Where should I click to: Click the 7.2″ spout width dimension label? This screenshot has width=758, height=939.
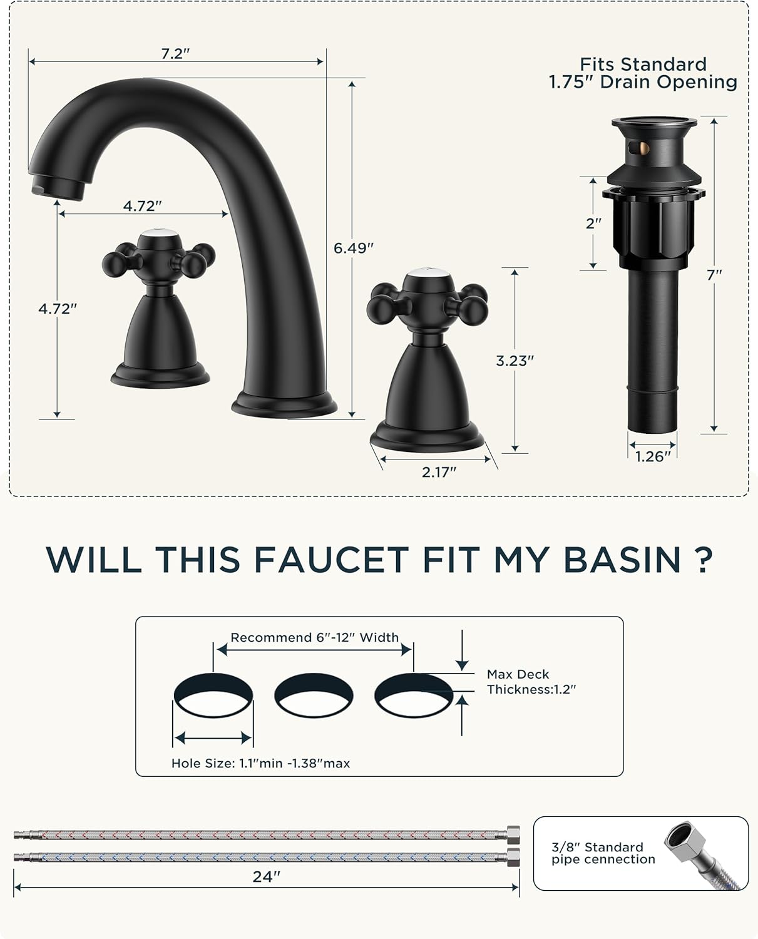[x=175, y=54]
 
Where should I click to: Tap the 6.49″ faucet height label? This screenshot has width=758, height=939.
[x=354, y=248]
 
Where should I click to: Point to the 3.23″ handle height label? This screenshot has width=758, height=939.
[x=515, y=361]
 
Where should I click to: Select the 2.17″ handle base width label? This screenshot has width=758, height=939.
[x=439, y=472]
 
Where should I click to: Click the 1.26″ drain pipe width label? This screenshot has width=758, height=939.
[x=653, y=457]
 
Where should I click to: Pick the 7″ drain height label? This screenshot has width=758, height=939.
[x=714, y=274]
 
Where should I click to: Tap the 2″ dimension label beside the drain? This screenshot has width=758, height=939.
[x=593, y=223]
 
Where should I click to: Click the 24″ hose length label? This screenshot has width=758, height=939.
[x=266, y=877]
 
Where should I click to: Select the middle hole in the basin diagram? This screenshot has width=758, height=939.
[x=314, y=695]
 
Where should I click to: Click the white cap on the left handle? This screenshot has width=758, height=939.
[x=158, y=235]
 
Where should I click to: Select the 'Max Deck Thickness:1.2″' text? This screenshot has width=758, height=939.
[x=531, y=682]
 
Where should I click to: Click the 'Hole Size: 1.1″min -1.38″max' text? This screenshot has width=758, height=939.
[x=260, y=763]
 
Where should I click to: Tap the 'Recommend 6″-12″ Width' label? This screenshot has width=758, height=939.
[x=314, y=637]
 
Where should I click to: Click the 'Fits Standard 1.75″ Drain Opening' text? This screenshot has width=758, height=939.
[x=643, y=73]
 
